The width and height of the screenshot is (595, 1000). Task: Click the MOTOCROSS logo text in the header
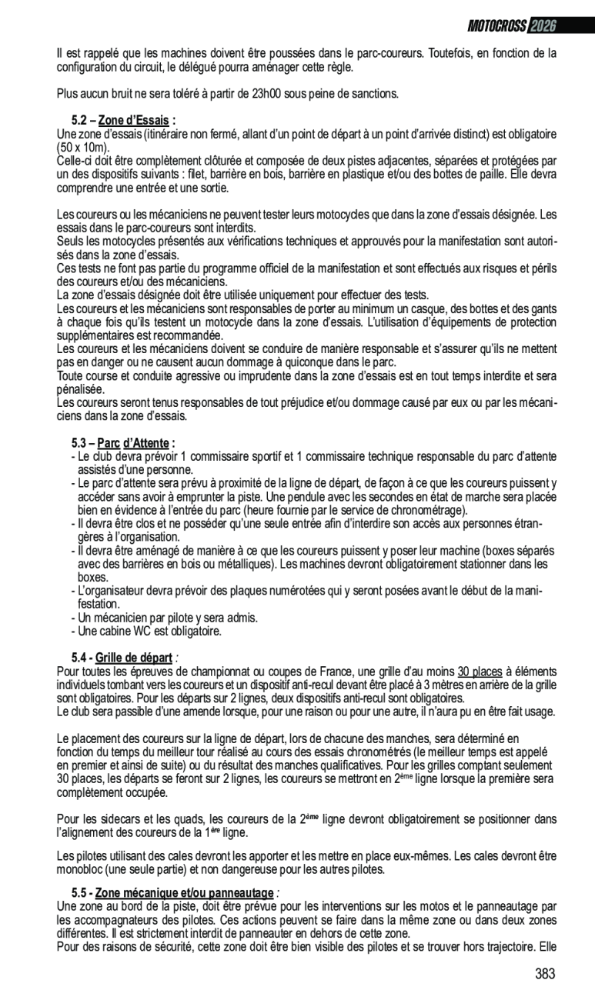(x=496, y=25)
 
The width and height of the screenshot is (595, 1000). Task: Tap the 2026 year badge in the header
(x=543, y=25)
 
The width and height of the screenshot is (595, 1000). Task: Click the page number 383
(x=545, y=974)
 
